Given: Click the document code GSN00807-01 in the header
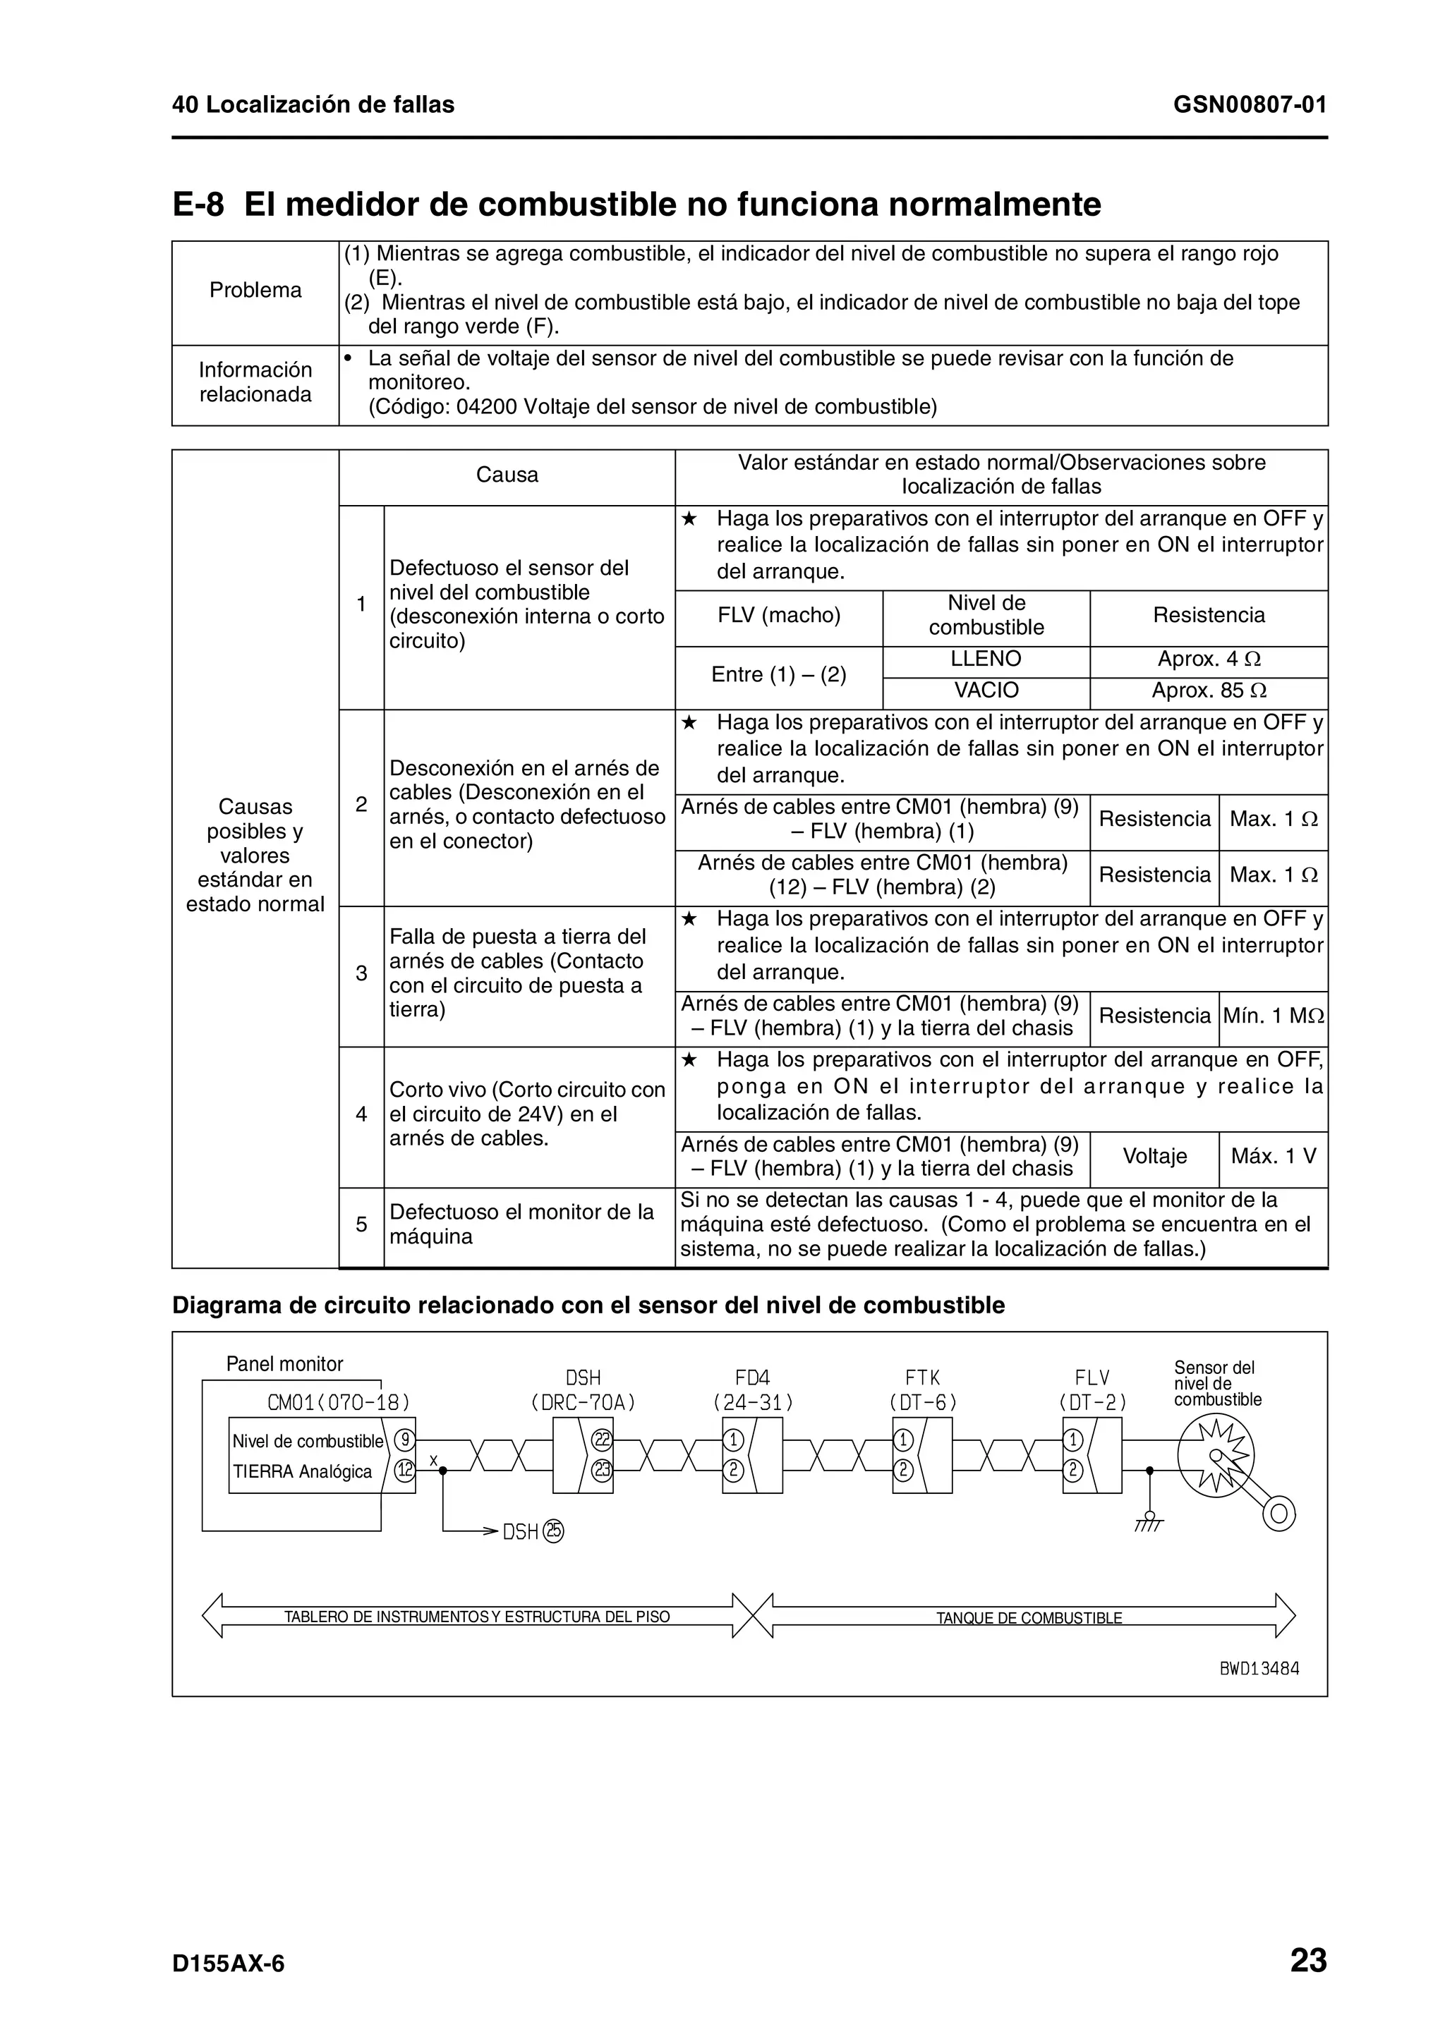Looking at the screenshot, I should pyautogui.click(x=1249, y=105).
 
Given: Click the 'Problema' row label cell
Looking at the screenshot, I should pyautogui.click(x=255, y=290).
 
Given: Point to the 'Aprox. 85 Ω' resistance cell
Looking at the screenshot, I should pyautogui.click(x=1208, y=691).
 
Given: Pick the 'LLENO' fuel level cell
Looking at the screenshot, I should pyautogui.click(x=986, y=659).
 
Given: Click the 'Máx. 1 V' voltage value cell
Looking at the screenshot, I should pyautogui.click(x=1272, y=1157).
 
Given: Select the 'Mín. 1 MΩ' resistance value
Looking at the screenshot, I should pyautogui.click(x=1272, y=1016).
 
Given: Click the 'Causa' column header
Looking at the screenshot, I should pyautogui.click(x=507, y=475).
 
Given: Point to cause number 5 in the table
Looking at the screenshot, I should pyautogui.click(x=361, y=1224).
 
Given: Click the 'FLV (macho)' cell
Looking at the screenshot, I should pyautogui.click(x=778, y=615).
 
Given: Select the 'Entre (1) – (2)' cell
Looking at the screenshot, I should pyautogui.click(x=778, y=675).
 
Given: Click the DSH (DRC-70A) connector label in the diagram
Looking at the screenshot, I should pyautogui.click(x=584, y=1391).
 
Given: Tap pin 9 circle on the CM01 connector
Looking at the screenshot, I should pyautogui.click(x=405, y=1440).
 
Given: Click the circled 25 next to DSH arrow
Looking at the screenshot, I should pyautogui.click(x=554, y=1531).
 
